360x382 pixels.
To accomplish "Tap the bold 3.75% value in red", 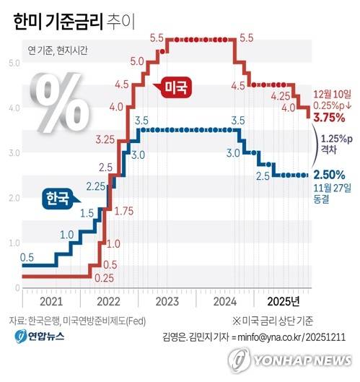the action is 329,118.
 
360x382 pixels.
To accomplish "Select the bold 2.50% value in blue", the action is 329,175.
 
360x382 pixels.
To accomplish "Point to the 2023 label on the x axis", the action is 167,302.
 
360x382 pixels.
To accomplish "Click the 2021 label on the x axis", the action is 51,302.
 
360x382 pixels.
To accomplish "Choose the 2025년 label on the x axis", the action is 284,302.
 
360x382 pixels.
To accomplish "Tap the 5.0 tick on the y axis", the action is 14,64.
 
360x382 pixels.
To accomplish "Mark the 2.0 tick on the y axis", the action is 14,198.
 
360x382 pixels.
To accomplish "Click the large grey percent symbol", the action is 60,103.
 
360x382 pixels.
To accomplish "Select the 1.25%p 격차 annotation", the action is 336,144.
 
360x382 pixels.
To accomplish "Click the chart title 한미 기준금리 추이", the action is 74,22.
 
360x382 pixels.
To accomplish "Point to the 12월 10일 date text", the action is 332,95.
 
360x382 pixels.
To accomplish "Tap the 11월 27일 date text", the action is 332,188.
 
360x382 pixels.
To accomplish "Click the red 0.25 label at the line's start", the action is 104,278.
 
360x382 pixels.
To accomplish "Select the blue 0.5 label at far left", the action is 27,258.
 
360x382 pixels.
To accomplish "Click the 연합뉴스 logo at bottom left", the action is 40,337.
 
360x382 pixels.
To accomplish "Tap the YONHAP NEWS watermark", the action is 290,360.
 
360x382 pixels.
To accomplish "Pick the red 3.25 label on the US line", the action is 105,140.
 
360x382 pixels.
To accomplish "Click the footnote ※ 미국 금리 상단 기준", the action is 273,321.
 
